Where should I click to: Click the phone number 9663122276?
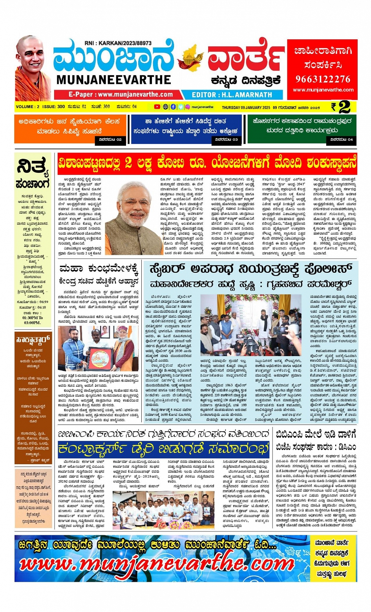click(323, 79)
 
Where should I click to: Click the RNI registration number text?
click(118, 43)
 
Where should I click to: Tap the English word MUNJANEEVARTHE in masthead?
click(113, 80)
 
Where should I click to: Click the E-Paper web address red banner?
click(121, 95)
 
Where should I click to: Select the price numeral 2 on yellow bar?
click(344, 107)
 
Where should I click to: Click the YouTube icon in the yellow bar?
click(157, 107)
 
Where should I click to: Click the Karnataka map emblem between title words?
click(190, 59)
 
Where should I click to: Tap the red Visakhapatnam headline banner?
click(207, 163)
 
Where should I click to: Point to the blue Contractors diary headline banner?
click(163, 448)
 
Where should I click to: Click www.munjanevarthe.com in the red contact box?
click(323, 90)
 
